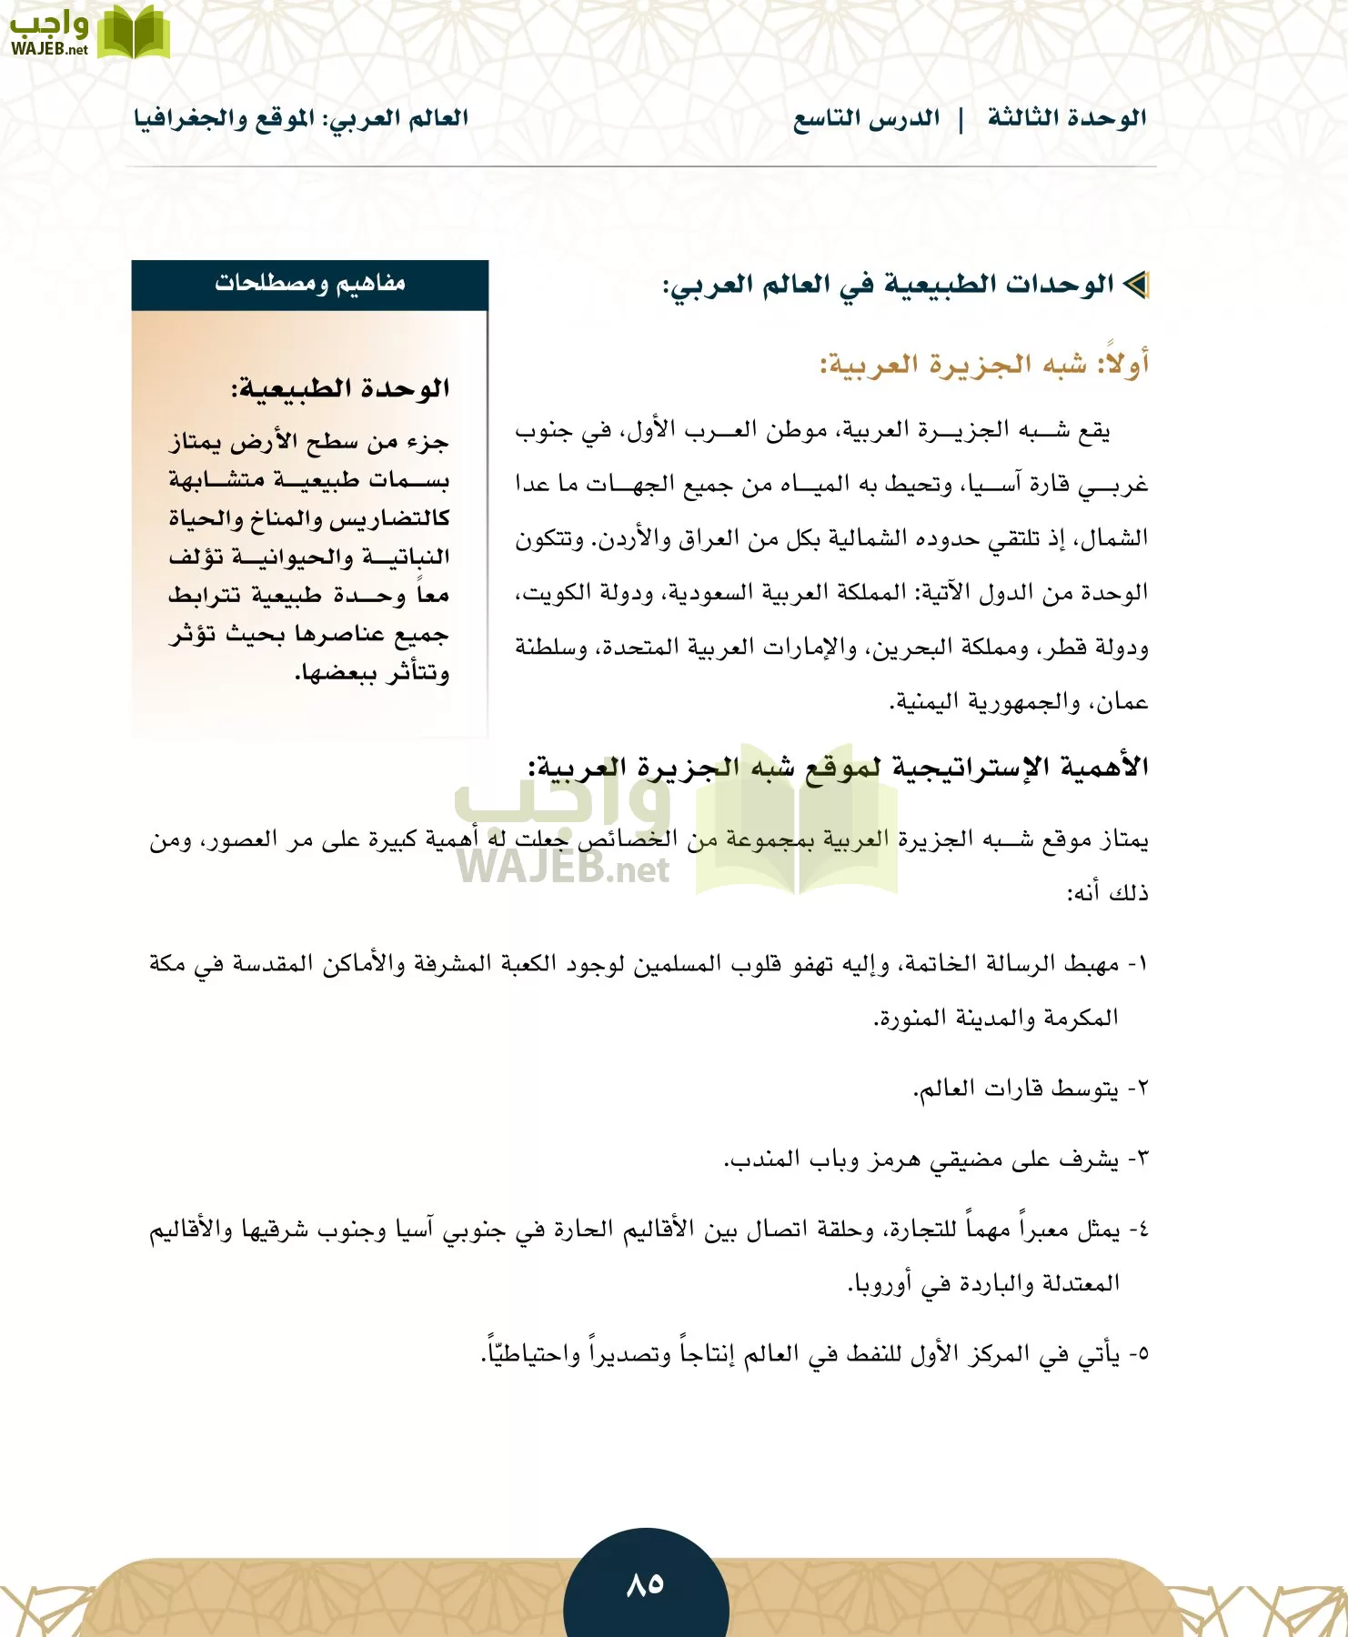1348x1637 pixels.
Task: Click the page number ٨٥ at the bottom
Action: click(645, 1585)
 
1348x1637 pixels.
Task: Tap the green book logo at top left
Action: click(134, 34)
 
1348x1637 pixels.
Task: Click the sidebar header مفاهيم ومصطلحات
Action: click(310, 284)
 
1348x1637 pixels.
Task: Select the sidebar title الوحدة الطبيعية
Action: click(340, 389)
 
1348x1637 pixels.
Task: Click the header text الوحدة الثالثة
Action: click(1067, 118)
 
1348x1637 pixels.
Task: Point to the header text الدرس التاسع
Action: click(866, 119)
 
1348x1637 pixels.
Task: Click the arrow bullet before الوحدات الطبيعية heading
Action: click(1136, 285)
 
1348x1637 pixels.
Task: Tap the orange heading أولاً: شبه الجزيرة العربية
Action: click(985, 365)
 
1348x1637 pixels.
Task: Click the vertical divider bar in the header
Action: click(961, 119)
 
